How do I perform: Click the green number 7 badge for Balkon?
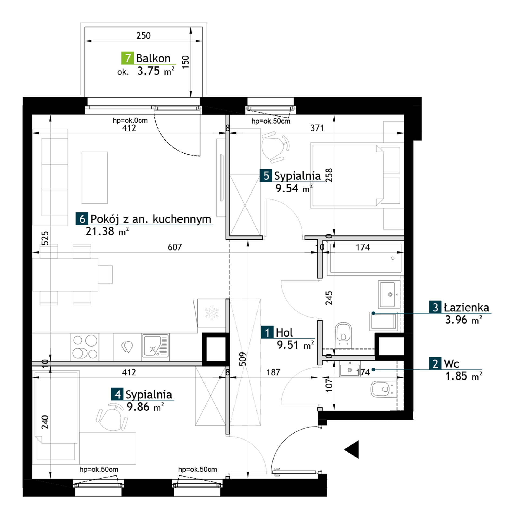[x=128, y=58]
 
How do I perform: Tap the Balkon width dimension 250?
[x=143, y=36]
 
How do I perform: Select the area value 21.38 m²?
[x=107, y=232]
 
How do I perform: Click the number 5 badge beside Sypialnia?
[x=266, y=176]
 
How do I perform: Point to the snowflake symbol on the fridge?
[x=212, y=313]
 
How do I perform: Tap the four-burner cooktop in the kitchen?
[x=85, y=347]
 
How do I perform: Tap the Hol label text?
[x=284, y=333]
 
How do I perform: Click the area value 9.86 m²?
[x=145, y=407]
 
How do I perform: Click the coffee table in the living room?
[x=95, y=178]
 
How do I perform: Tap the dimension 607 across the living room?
[x=175, y=247]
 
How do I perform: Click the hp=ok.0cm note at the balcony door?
[x=130, y=120]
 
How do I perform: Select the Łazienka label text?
[x=466, y=308]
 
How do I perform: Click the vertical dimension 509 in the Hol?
[x=243, y=359]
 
